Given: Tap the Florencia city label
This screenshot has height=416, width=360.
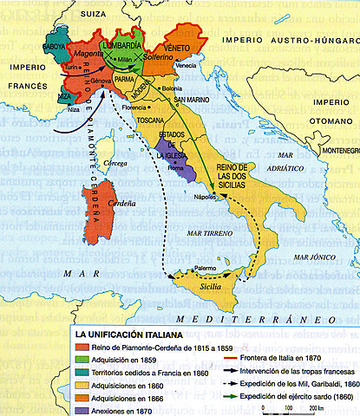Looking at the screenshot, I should (135, 107).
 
